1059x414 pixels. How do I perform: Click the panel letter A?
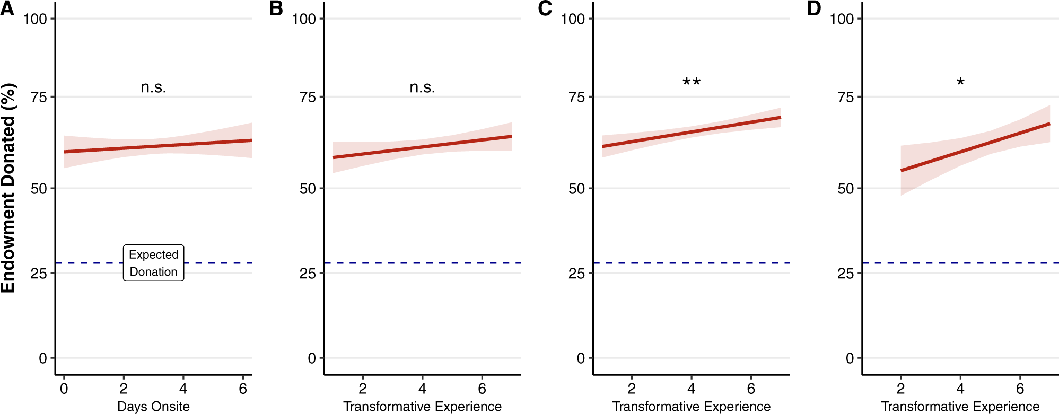7,8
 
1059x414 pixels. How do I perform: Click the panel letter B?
276,8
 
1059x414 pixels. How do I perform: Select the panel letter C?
545,8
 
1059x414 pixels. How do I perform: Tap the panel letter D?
814,8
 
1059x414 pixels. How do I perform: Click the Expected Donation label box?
154,263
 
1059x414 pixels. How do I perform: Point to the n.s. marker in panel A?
153,87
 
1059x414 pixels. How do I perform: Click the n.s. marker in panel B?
422,87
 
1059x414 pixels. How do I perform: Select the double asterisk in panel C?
692,82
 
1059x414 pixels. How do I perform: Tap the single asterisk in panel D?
960,82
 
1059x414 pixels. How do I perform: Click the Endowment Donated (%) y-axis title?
8,188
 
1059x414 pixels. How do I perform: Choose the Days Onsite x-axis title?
153,406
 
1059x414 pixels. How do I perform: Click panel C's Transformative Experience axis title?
692,406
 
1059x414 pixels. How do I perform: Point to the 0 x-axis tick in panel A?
64,389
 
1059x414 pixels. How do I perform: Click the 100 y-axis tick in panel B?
304,19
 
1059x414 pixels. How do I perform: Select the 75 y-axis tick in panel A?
39,97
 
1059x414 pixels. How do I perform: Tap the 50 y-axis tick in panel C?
576,189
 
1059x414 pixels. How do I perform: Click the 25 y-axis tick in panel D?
845,274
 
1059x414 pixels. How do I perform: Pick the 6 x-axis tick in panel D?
1020,389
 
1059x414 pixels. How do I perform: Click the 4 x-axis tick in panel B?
422,389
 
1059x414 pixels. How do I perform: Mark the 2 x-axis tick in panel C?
632,389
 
